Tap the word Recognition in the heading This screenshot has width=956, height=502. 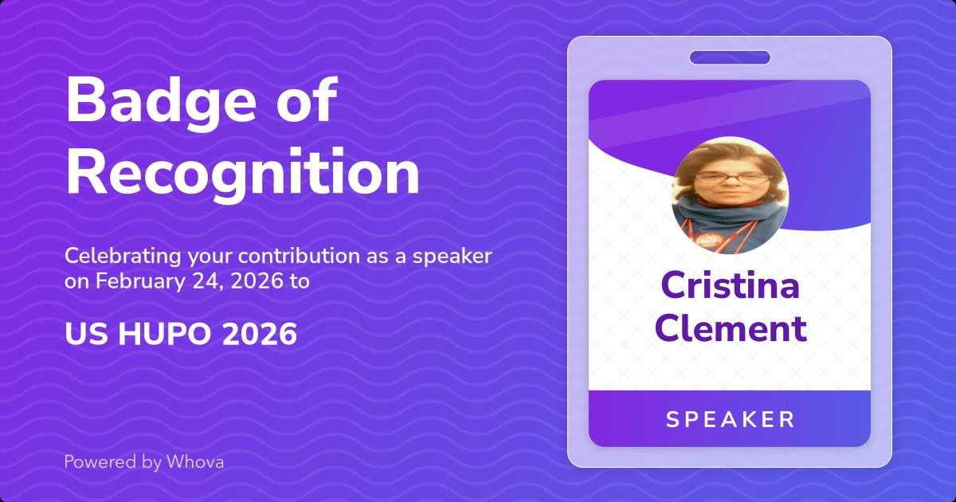242,173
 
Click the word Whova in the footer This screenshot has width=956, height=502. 195,461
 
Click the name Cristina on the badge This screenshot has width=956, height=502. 730,286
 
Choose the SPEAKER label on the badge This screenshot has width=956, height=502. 730,419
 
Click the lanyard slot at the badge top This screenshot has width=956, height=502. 730,57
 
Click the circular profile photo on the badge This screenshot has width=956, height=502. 730,196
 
